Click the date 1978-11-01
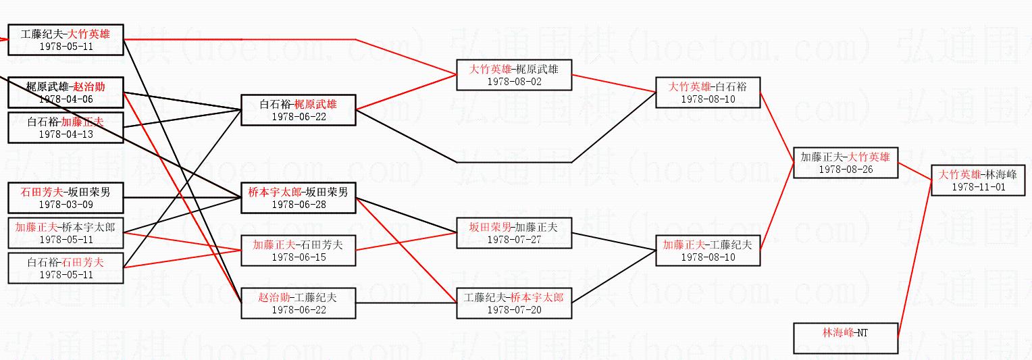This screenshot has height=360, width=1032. click(x=969, y=187)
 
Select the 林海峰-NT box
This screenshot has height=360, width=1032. click(x=846, y=338)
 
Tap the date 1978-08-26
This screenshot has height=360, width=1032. click(x=846, y=170)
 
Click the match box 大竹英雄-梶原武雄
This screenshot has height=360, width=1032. click(x=514, y=74)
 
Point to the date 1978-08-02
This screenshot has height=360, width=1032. click(x=514, y=81)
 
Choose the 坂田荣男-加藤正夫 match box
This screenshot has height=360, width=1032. click(x=514, y=233)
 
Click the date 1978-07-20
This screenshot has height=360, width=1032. click(x=514, y=309)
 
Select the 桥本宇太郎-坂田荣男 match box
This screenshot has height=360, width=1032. click(x=298, y=198)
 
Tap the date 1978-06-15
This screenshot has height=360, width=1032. click(x=298, y=257)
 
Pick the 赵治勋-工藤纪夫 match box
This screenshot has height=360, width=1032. click(x=298, y=303)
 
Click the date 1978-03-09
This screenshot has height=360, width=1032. click(x=66, y=204)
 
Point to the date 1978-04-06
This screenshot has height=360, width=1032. click(x=66, y=99)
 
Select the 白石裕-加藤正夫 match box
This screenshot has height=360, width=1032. click(x=66, y=127)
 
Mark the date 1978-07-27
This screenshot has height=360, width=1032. click(x=514, y=239)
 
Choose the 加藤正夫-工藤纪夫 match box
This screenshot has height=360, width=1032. click(x=707, y=251)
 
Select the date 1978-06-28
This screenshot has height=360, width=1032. click(x=298, y=204)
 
